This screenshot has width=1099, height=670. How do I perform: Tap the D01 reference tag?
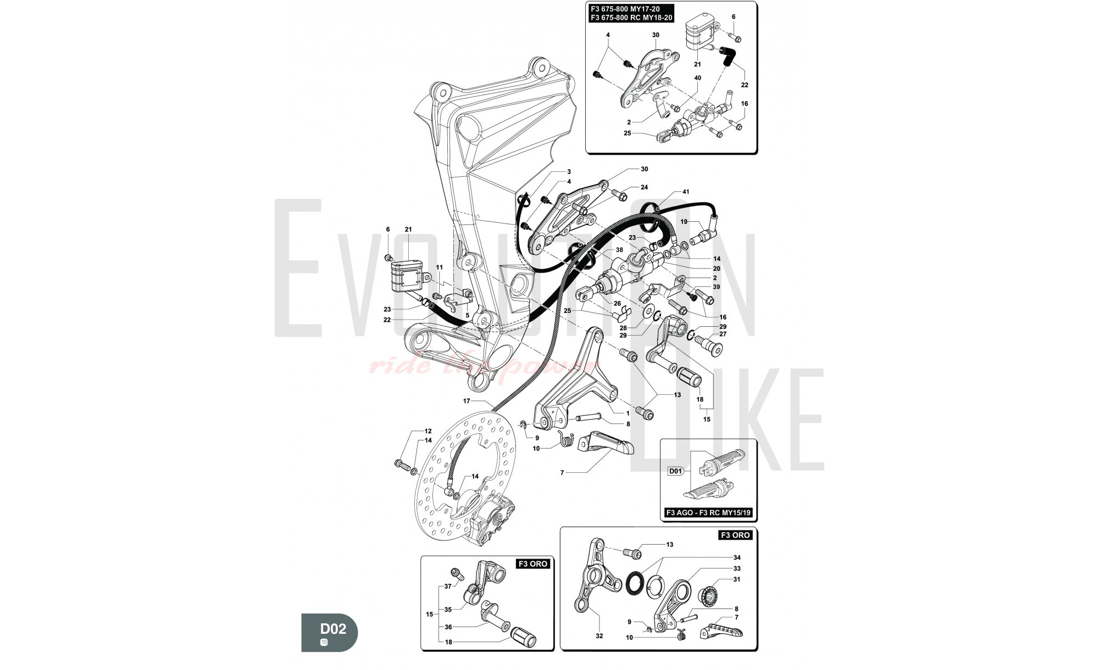[x=675, y=471]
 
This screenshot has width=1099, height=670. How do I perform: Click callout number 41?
[x=686, y=192]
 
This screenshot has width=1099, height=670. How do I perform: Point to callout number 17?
[x=467, y=400]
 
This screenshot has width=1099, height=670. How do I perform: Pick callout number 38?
[x=619, y=250]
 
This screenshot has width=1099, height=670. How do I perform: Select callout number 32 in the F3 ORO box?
[x=599, y=636]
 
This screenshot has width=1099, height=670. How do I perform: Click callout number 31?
[x=737, y=579]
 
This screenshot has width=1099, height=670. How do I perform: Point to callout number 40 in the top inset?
[x=698, y=78]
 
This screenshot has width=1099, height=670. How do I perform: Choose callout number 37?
[x=448, y=587]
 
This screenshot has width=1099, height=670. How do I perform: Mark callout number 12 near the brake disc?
[x=428, y=431]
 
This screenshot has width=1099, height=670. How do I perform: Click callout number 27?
[x=723, y=334]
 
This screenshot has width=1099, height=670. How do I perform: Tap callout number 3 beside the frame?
[x=569, y=172]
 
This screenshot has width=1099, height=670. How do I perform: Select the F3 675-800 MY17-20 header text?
[x=625, y=9]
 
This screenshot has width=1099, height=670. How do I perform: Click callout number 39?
[x=716, y=287]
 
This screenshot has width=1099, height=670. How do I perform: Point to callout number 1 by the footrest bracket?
[x=628, y=413]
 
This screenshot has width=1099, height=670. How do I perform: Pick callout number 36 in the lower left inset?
[x=448, y=627]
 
